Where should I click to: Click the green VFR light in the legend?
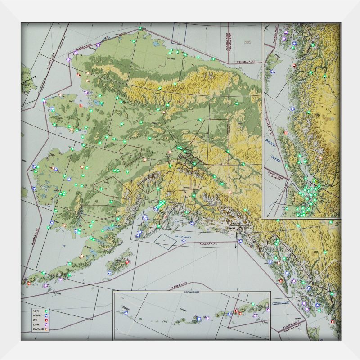point(46,310)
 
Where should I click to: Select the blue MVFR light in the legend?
point(46,315)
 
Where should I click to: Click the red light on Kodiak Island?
point(127,262)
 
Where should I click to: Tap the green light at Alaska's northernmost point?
point(140,28)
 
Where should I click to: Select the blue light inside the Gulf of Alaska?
point(183,240)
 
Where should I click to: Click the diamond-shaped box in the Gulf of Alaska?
point(165,239)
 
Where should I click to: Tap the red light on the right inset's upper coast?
point(294,66)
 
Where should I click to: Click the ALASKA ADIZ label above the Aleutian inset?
point(179,286)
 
